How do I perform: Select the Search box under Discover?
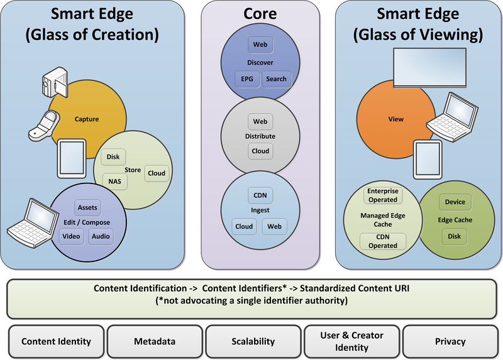click(x=275, y=79)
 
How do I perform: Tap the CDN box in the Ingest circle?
click(x=259, y=195)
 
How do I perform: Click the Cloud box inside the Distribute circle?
click(x=260, y=151)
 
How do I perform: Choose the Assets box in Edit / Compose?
click(x=86, y=207)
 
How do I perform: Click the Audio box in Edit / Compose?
click(x=101, y=236)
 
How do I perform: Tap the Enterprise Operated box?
click(x=382, y=195)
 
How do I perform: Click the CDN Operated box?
click(x=382, y=241)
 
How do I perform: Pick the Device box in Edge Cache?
click(x=455, y=202)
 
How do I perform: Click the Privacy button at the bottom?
click(x=450, y=342)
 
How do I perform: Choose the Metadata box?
click(x=155, y=342)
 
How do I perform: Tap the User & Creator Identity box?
click(x=351, y=342)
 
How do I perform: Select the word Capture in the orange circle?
click(x=87, y=118)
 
